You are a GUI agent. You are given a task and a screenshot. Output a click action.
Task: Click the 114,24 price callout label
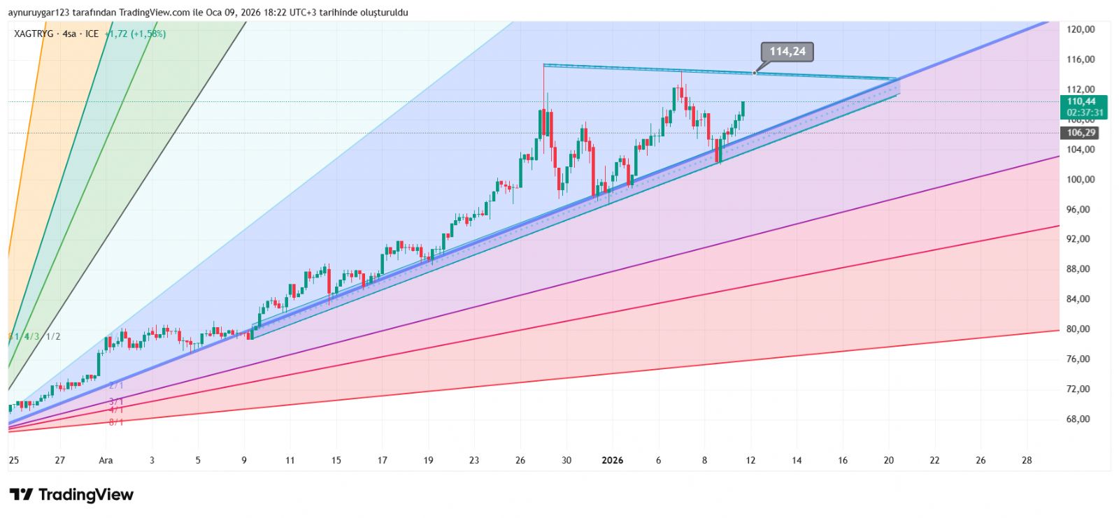[x=787, y=52]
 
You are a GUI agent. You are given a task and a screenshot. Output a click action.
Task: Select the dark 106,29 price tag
[x=1081, y=133]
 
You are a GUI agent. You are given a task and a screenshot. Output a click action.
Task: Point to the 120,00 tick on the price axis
[x=1081, y=29]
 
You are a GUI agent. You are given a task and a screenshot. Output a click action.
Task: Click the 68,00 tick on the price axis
[x=1078, y=419]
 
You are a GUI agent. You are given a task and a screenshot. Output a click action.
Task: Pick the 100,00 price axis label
[x=1081, y=180]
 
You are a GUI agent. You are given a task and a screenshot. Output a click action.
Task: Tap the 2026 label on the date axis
[x=612, y=460]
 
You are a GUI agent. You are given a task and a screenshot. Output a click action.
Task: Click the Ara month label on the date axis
[x=106, y=460]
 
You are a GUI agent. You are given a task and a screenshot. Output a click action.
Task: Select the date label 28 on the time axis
[x=1027, y=460]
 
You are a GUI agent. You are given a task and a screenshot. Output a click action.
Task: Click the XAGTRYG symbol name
[x=34, y=34]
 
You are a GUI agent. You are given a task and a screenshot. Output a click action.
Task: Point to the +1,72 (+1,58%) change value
[x=135, y=34]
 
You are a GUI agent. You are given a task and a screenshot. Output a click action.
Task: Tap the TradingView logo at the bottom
[x=71, y=495]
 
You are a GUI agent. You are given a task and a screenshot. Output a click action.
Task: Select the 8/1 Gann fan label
[x=115, y=422]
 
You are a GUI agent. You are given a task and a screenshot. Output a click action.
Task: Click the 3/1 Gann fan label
[x=115, y=401]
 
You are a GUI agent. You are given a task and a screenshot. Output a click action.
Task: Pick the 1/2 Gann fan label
[x=52, y=336]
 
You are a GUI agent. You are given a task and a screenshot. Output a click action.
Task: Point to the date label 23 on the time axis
[x=474, y=460]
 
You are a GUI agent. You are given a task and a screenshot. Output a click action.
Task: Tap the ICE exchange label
[x=92, y=34]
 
